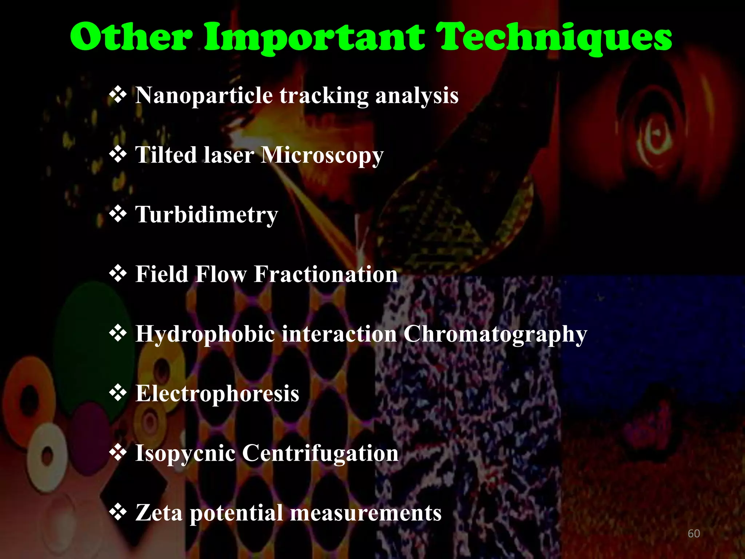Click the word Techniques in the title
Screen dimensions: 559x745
click(x=555, y=38)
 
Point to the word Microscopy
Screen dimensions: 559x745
click(x=322, y=156)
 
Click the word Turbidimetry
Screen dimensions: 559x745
click(x=207, y=215)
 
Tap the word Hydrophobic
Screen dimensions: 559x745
click(x=205, y=334)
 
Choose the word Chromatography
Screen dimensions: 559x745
click(x=495, y=334)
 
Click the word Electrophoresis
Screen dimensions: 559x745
click(x=217, y=393)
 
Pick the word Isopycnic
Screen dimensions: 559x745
click(x=185, y=453)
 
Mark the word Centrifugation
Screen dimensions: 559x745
click(x=320, y=453)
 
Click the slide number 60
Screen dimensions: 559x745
click(x=694, y=534)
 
